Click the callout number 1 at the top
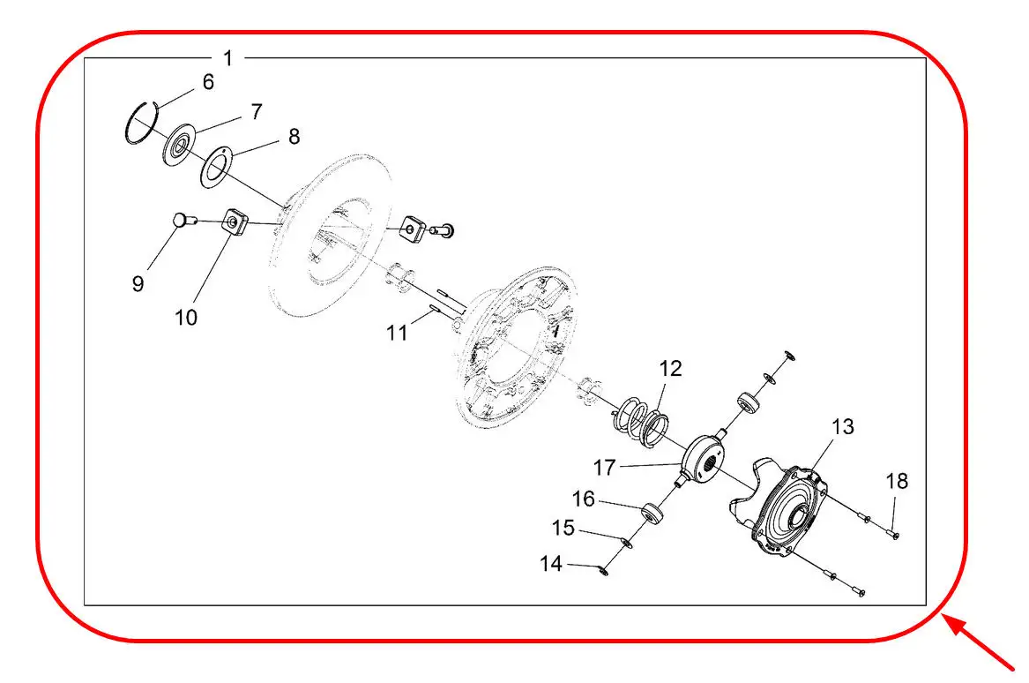pyautogui.click(x=228, y=58)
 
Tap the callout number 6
pyautogui.click(x=208, y=82)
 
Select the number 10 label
pyautogui.click(x=186, y=318)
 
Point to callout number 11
pyautogui.click(x=397, y=333)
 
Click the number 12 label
pyautogui.click(x=670, y=369)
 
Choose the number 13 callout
pyautogui.click(x=843, y=427)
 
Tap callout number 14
pyautogui.click(x=550, y=564)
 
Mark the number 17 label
pyautogui.click(x=604, y=468)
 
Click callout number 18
pyautogui.click(x=897, y=482)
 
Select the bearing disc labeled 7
pyautogui.click(x=178, y=145)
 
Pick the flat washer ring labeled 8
pyautogui.click(x=215, y=167)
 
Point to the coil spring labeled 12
pyautogui.click(x=640, y=420)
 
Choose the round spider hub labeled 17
pyautogui.click(x=704, y=459)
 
